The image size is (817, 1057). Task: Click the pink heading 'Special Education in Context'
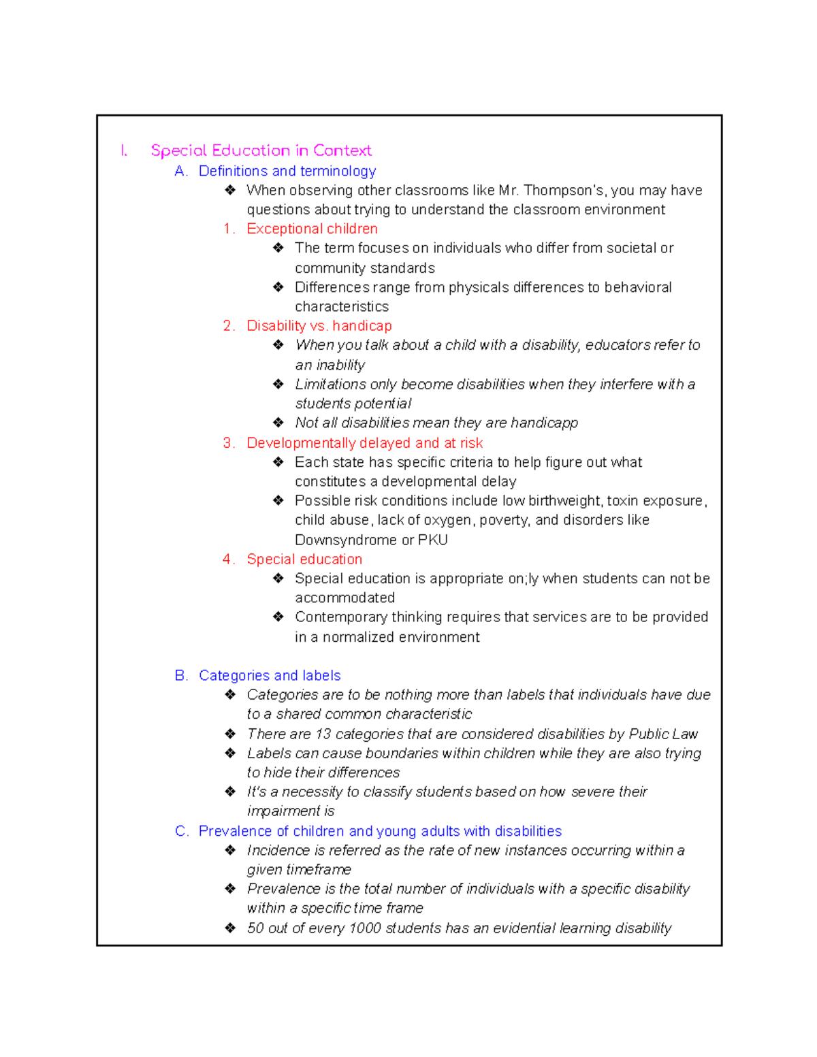point(261,150)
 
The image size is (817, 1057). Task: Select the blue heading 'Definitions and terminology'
point(287,171)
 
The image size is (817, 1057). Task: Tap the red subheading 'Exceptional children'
point(312,229)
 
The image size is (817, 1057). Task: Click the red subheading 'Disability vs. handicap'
point(319,326)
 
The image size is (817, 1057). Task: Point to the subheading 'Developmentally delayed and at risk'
point(364,443)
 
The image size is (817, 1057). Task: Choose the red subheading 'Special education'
point(304,559)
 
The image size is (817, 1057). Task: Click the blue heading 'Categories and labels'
point(270,675)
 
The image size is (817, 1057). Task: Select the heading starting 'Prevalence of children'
point(380,831)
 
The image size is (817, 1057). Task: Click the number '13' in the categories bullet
point(323,734)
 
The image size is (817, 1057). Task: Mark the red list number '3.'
point(229,443)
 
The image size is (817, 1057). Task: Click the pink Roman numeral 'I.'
point(124,150)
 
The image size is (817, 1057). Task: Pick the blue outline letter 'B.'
point(181,675)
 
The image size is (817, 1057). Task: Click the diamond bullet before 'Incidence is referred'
point(231,850)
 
